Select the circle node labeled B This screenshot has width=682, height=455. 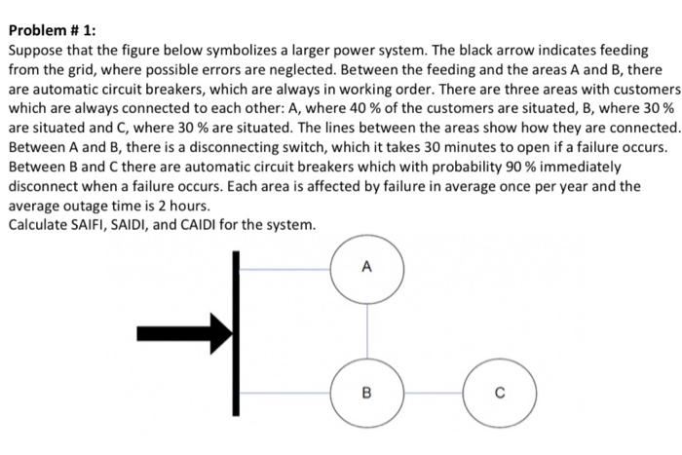click(x=366, y=393)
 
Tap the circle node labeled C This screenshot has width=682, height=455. click(x=498, y=393)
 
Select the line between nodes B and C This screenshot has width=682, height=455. click(x=432, y=393)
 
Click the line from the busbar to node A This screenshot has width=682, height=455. click(x=284, y=265)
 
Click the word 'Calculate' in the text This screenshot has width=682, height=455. click(x=39, y=225)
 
